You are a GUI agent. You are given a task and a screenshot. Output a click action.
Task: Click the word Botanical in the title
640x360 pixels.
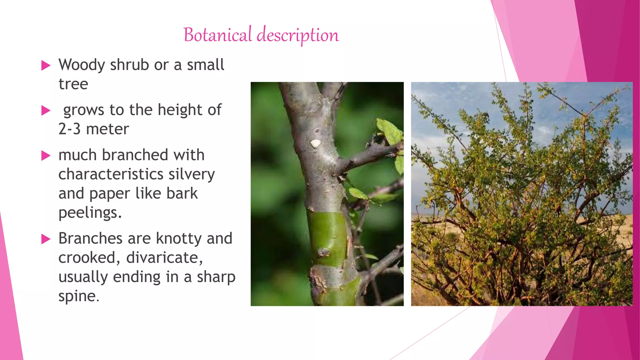coord(217,35)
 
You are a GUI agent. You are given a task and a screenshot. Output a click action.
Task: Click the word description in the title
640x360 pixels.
coord(298,35)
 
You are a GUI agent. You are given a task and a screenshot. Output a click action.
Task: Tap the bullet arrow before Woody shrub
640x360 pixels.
coord(46,66)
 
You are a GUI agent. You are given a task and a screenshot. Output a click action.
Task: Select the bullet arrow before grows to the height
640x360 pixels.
coord(46,111)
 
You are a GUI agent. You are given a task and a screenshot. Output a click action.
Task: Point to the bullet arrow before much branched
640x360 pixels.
coord(46,156)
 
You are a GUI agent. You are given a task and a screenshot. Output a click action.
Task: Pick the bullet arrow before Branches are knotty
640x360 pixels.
coord(46,239)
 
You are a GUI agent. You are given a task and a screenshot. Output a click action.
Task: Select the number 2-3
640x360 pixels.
coord(69,129)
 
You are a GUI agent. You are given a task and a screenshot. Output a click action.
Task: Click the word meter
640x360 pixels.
coord(107,129)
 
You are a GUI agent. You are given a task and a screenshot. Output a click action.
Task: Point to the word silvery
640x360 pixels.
coord(192,174)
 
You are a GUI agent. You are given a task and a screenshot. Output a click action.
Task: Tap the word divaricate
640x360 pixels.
coord(164,258)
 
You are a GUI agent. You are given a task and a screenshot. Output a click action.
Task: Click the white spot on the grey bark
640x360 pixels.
coord(315,143)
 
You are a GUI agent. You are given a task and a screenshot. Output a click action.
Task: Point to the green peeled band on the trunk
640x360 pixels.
coord(327,237)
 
